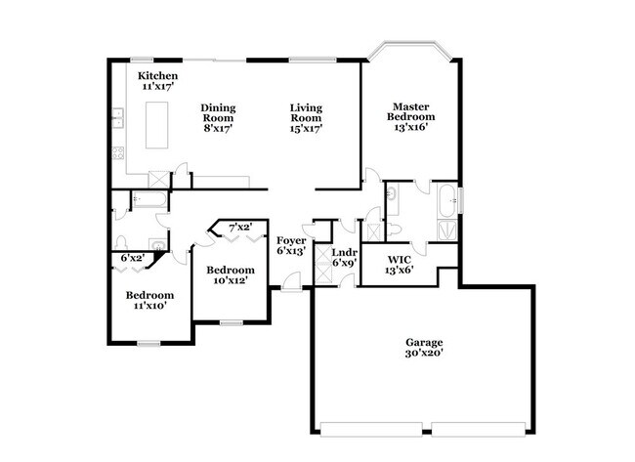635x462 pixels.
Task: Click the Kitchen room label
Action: click(156, 76)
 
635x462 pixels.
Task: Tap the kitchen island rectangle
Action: click(157, 125)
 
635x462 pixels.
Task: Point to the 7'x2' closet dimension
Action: click(238, 228)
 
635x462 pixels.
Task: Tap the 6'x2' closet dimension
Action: click(132, 258)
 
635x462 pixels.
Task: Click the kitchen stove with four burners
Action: click(119, 152)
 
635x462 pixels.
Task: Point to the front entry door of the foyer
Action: click(290, 286)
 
